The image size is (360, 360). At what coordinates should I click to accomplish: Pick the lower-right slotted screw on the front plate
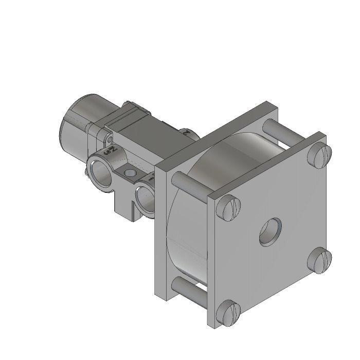point(320,260)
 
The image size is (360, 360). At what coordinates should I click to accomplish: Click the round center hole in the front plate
point(271,231)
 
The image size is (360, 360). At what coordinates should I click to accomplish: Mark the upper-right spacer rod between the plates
point(273,129)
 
